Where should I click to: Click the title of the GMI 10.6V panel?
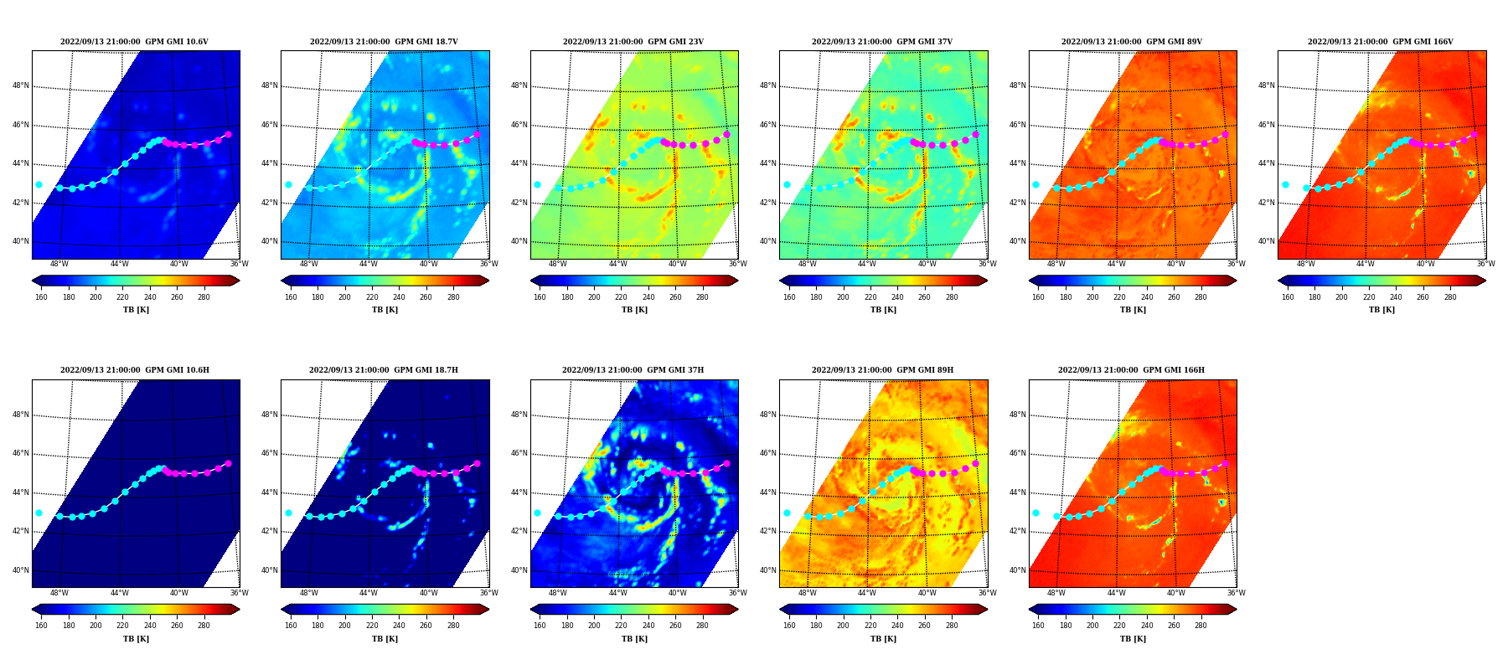pos(134,42)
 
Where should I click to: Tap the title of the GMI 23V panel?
pos(633,42)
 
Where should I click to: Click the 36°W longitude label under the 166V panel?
pos(1485,264)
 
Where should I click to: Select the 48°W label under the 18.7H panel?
pos(308,593)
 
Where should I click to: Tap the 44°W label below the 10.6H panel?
pos(119,593)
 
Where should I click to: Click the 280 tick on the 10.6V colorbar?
pos(204,297)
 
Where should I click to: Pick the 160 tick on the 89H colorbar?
pos(789,626)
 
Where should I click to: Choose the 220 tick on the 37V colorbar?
pos(870,297)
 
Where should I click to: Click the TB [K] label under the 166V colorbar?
pos(1381,310)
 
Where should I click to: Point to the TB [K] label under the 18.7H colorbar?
pos(385,639)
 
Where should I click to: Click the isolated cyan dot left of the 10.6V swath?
pos(39,184)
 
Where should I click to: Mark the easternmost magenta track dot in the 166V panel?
pos(1474,134)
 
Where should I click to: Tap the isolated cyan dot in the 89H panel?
pos(787,513)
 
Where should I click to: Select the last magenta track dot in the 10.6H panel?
pos(228,463)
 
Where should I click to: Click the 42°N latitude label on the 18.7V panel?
pos(269,203)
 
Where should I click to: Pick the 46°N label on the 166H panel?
pos(1017,453)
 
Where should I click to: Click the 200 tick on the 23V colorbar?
pos(594,297)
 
